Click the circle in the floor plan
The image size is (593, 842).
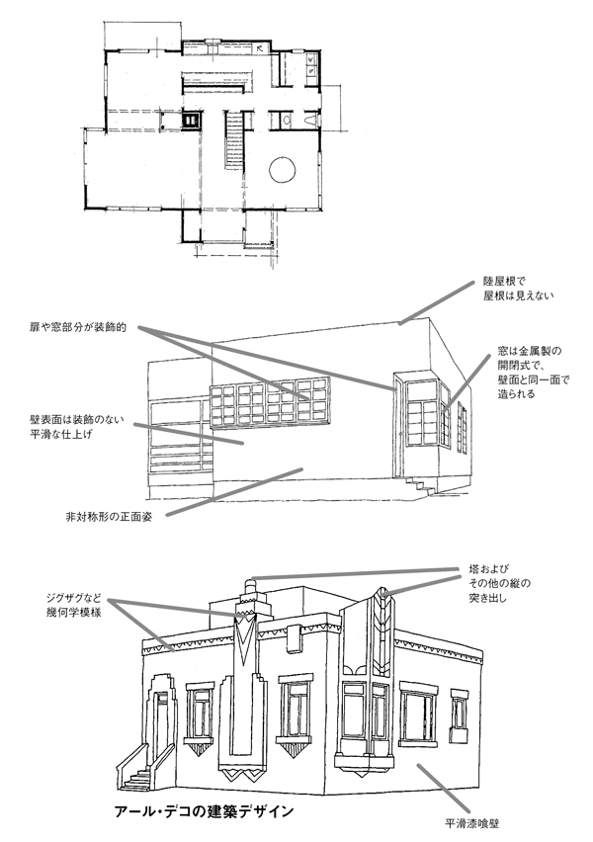pos(282,171)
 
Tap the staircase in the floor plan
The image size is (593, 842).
pos(233,139)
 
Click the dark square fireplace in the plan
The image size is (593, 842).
pos(191,120)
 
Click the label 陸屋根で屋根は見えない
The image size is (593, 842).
pos(517,289)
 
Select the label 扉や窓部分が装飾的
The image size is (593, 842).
pos(78,327)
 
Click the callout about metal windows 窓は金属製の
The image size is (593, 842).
pos(533,373)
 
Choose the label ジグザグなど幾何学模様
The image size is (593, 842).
pos(73,605)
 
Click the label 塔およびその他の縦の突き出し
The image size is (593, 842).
pos(499,583)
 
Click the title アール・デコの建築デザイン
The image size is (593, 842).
pos(205,811)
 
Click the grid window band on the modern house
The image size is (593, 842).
pos(269,402)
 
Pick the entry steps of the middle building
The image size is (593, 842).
pos(422,486)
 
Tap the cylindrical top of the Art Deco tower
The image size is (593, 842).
pos(248,585)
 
